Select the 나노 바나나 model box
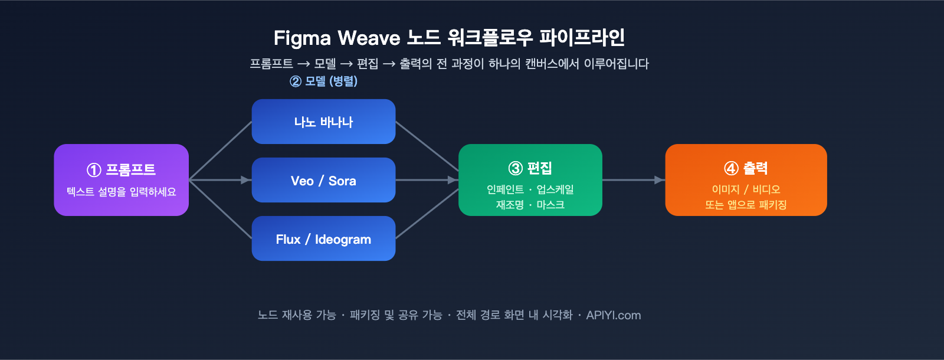[323, 122]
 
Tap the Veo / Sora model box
[323, 180]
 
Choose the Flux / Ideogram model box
[323, 238]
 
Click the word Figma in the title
[302, 38]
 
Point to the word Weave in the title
[369, 38]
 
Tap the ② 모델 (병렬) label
[324, 81]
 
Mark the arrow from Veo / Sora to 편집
[427, 180]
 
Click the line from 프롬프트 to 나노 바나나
[220, 150]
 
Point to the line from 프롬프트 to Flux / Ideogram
[220, 210]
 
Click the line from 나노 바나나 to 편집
[427, 146]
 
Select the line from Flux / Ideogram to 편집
[427, 214]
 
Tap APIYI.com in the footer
[613, 315]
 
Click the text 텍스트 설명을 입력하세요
[121, 192]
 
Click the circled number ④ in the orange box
[731, 169]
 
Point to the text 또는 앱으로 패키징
[746, 205]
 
